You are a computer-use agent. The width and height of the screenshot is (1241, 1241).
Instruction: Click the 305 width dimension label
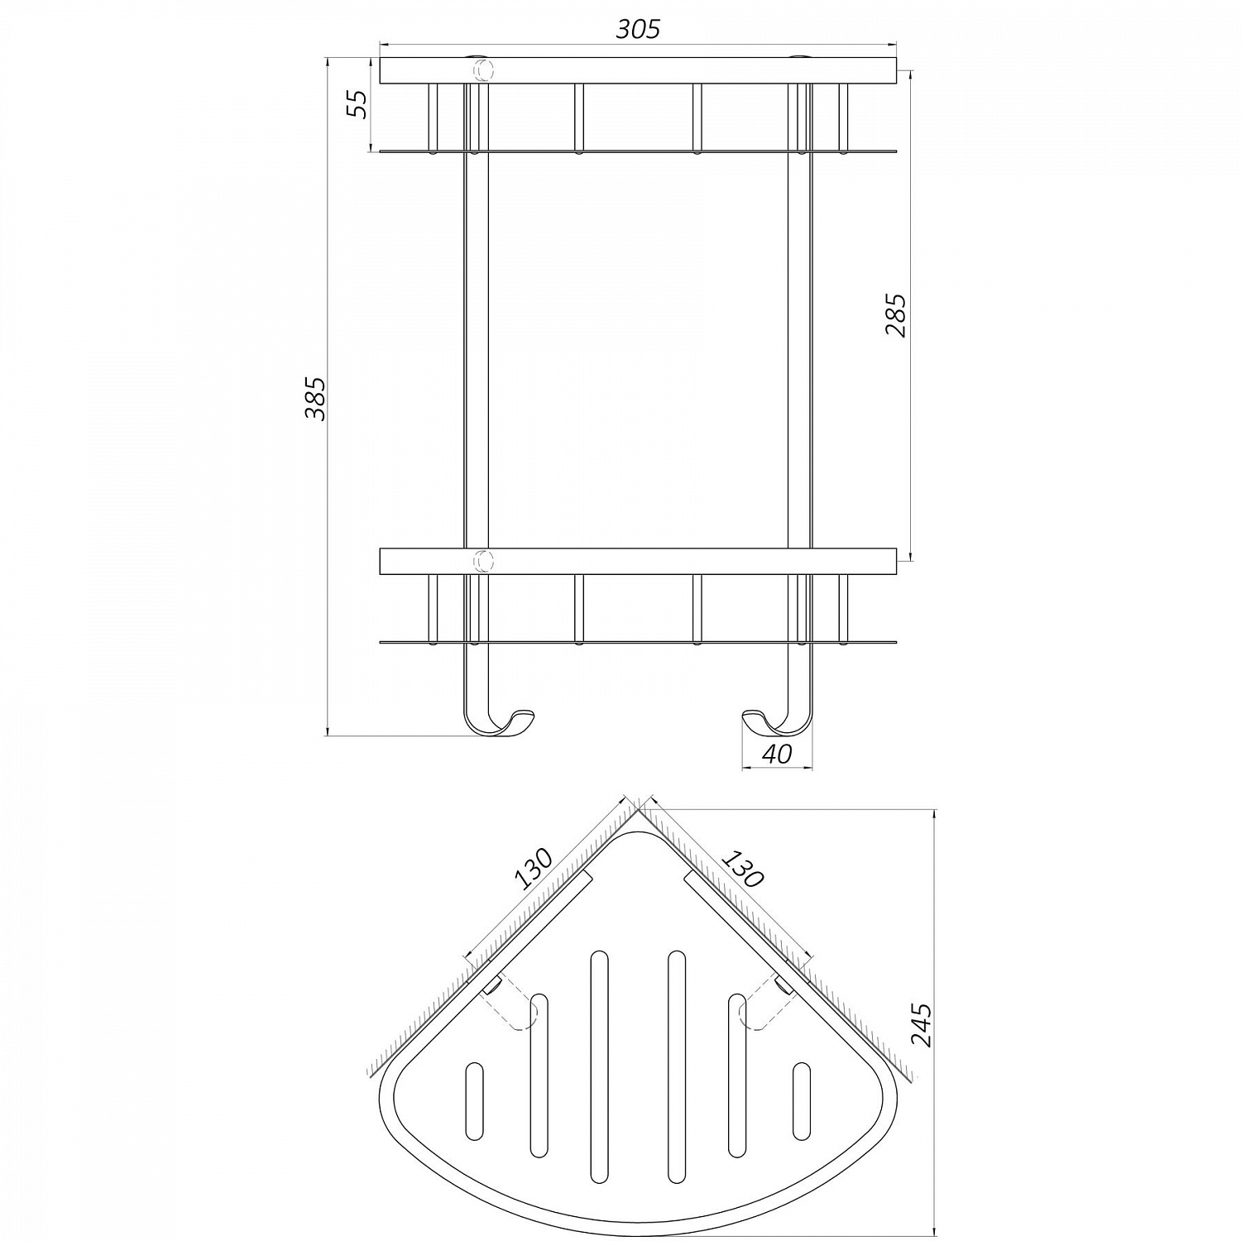(x=639, y=29)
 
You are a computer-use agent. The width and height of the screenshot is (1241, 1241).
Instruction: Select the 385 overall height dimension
(x=315, y=398)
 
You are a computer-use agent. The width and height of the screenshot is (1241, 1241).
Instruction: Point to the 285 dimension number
(x=896, y=315)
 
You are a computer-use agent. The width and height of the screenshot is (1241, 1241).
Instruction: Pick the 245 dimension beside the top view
(x=921, y=1024)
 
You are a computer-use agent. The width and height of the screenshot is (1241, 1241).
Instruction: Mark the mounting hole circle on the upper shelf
(x=481, y=70)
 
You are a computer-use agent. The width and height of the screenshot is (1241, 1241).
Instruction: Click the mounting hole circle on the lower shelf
(x=481, y=561)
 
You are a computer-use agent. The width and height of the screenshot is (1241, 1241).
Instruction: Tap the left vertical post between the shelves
(x=475, y=347)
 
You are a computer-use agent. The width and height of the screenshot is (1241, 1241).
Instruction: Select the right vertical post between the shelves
(x=799, y=347)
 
